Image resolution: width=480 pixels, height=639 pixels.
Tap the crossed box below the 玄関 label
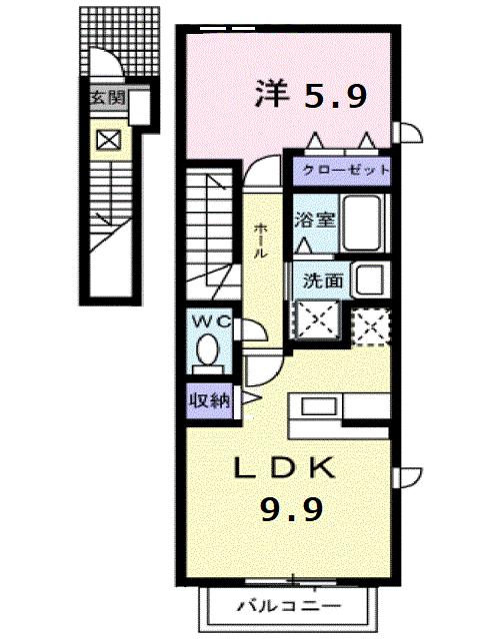pos(106,140)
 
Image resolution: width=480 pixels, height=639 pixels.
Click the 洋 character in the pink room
pos(271,95)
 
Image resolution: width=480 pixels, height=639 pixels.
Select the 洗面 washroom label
pos(324,282)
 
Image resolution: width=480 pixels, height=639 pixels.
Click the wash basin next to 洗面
pos(372,280)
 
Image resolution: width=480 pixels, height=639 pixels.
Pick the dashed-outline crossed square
pos(370,325)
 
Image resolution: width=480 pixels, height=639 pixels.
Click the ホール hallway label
pos(261,241)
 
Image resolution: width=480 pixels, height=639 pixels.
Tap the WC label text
pos(209,321)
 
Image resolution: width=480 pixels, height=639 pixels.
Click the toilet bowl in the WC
pos(209,351)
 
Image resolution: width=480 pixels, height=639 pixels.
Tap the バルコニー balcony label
pos(289,605)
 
